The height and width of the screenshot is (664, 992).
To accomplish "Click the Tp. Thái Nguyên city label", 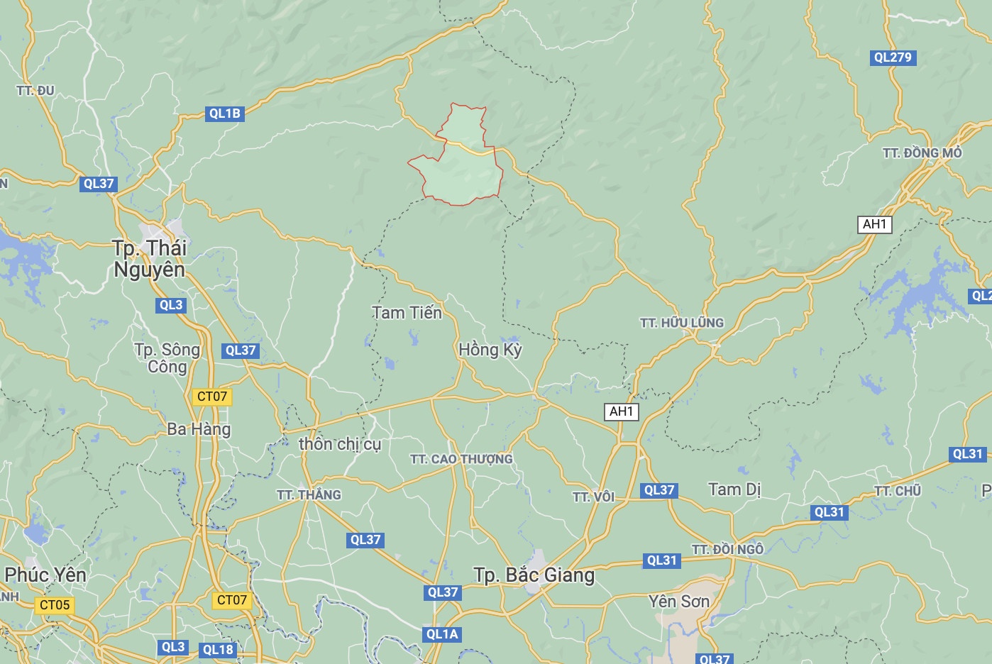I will point(149,259).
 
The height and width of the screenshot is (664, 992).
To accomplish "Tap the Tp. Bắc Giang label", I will point(534,575).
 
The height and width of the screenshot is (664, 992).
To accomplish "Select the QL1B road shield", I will point(224,114).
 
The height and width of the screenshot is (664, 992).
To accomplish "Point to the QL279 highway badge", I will point(893,57).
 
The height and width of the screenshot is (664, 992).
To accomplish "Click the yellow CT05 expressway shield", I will point(55,605).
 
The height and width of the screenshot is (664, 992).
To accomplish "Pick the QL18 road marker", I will point(218,650).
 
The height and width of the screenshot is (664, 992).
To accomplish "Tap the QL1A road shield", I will point(442,634).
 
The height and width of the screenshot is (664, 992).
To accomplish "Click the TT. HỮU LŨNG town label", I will point(681,323).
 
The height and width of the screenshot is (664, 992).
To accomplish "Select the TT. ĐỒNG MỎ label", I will point(922,153).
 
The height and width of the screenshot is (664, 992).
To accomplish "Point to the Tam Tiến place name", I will point(407,313).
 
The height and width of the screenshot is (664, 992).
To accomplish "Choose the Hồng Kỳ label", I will point(490,350).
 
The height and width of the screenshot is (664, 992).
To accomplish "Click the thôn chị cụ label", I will point(340,444).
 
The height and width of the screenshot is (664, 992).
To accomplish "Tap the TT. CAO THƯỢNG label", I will point(461,460).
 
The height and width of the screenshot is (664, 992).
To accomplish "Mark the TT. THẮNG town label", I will point(309,495).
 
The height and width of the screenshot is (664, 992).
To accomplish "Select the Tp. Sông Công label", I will point(167,358).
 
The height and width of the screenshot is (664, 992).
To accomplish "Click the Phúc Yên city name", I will point(45,575).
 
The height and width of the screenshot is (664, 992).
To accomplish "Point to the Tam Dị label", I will point(734,489).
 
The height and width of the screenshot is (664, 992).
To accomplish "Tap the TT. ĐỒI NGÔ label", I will point(727,550).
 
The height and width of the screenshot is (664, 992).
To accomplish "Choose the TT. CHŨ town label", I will point(898,491).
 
